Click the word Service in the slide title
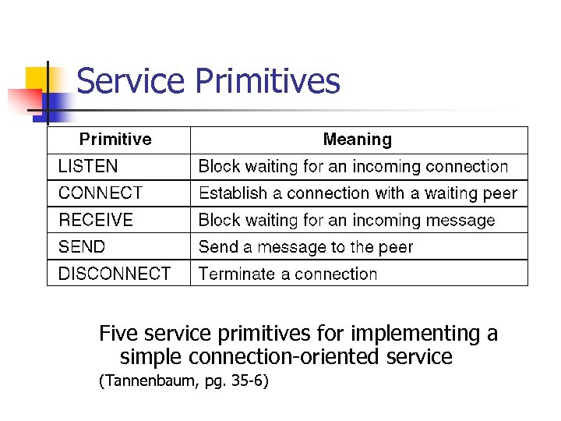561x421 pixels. pyautogui.click(x=132, y=81)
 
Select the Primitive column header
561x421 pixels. pyautogui.click(x=115, y=140)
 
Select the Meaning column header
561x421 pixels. pyautogui.click(x=357, y=140)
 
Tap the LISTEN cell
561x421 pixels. pyautogui.click(x=88, y=166)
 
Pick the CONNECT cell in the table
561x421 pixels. pyautogui.click(x=101, y=193)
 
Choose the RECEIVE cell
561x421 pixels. pyautogui.click(x=96, y=220)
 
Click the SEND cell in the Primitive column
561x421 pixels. pyautogui.click(x=82, y=247)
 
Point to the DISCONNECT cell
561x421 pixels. pyautogui.click(x=115, y=274)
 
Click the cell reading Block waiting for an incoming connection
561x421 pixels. pyautogui.click(x=353, y=166)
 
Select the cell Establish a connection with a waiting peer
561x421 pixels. pyautogui.click(x=358, y=193)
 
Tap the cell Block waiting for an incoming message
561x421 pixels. pyautogui.click(x=347, y=220)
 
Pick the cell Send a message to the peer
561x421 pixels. pyautogui.click(x=305, y=247)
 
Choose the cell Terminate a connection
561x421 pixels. pyautogui.click(x=288, y=274)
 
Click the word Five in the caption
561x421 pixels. pyautogui.click(x=118, y=334)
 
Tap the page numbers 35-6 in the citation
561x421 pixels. pyautogui.click(x=248, y=382)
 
